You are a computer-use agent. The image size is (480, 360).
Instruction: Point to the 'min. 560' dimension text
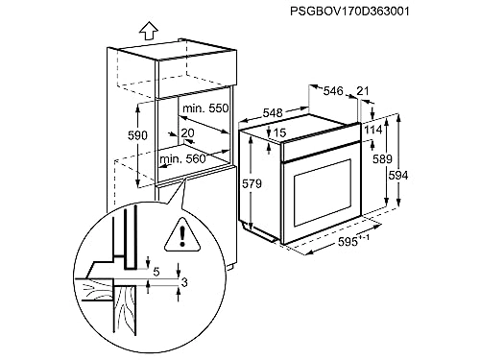tap(182, 157)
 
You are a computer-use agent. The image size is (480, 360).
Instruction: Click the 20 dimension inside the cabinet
tap(186, 133)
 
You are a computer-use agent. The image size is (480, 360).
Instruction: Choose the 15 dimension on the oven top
tap(280, 132)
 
